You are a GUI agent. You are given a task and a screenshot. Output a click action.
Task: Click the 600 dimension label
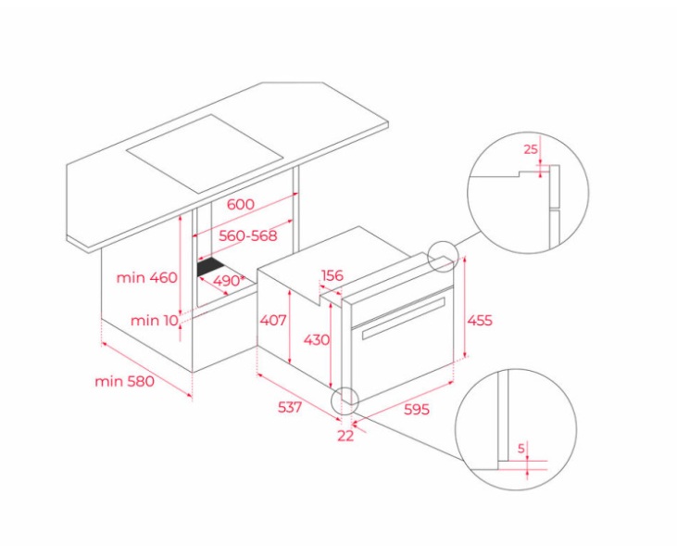click(x=241, y=204)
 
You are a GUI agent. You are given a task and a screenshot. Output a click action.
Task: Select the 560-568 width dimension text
click(x=248, y=235)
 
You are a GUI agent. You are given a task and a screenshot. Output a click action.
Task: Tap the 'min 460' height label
click(x=147, y=277)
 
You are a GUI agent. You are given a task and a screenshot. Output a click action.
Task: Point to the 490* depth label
click(x=227, y=281)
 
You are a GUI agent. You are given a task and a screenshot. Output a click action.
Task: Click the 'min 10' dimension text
click(x=154, y=321)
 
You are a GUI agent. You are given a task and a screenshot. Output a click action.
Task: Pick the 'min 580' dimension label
click(x=124, y=381)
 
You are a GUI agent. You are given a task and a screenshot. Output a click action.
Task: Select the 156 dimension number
click(x=332, y=275)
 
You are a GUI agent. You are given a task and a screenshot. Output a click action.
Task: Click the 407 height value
click(x=273, y=321)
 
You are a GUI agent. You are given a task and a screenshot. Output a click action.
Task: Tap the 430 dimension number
click(x=317, y=340)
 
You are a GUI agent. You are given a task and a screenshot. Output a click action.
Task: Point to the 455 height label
click(x=480, y=321)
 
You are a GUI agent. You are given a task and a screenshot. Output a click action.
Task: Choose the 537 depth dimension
click(x=290, y=407)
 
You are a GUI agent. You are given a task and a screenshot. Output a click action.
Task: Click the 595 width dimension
click(x=417, y=409)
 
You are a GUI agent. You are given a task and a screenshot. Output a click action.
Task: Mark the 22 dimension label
click(x=345, y=436)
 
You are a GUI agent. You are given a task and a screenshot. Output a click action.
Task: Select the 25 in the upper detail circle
click(x=531, y=149)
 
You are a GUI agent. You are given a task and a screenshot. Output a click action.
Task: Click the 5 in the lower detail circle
click(x=521, y=449)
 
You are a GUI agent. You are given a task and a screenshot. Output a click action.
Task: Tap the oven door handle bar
click(x=404, y=318)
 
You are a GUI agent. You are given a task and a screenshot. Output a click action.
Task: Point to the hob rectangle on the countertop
click(x=205, y=154)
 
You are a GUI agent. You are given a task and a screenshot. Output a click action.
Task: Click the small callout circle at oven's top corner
click(x=442, y=257)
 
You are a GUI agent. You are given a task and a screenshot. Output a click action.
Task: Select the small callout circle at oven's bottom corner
click(x=345, y=400)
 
